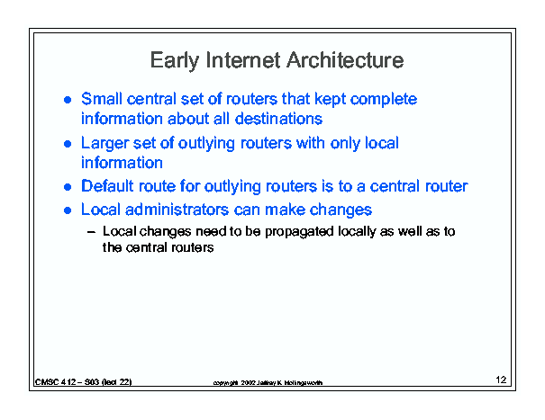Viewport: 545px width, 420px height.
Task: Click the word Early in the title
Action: (174, 61)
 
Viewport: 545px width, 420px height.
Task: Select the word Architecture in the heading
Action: (345, 60)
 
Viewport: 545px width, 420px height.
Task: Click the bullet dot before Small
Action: (68, 100)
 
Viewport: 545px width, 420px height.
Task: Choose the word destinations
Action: (278, 119)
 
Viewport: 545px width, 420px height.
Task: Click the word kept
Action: (330, 100)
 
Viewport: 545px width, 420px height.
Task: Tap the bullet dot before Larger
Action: (68, 144)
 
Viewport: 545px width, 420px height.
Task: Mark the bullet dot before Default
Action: (68, 187)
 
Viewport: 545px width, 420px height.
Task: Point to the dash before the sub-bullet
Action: (91, 232)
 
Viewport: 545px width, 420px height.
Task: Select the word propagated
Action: (299, 232)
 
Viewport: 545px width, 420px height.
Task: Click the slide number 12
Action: (501, 380)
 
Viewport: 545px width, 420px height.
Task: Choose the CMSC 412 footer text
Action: (84, 382)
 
